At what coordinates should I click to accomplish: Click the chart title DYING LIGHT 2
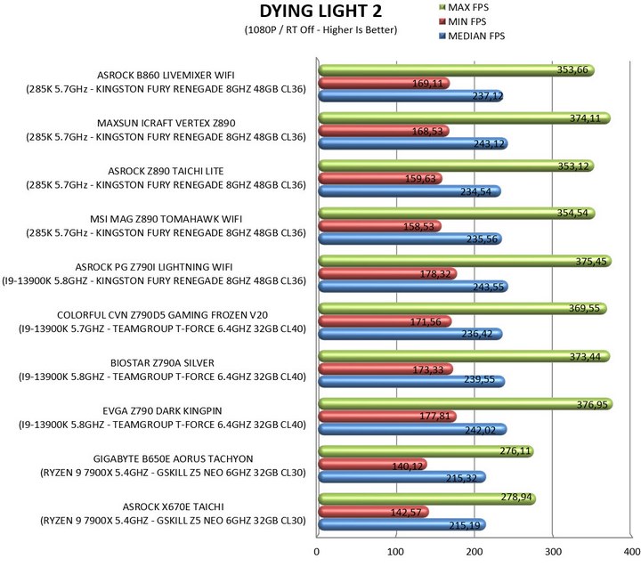(x=320, y=11)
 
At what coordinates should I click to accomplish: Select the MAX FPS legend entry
(x=464, y=7)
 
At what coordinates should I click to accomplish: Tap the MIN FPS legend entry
(x=462, y=21)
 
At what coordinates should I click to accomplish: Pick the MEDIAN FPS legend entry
(x=472, y=36)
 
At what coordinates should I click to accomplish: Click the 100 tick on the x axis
(x=395, y=552)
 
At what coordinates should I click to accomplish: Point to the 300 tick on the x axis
(x=553, y=552)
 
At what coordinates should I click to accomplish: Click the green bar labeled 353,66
(x=456, y=70)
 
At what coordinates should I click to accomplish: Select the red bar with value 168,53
(x=384, y=131)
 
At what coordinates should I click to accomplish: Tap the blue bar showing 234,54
(x=410, y=191)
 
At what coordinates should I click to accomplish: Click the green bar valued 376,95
(x=466, y=404)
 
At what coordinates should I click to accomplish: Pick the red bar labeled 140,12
(x=372, y=465)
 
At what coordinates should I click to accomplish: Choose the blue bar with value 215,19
(x=402, y=525)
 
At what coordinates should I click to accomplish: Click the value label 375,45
(x=591, y=262)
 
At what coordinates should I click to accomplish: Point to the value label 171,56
(x=426, y=322)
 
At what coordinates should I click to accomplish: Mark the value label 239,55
(x=479, y=380)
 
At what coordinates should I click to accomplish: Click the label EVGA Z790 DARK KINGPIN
(x=162, y=411)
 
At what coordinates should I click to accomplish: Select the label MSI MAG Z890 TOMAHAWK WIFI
(x=166, y=219)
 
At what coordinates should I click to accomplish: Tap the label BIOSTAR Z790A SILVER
(x=162, y=363)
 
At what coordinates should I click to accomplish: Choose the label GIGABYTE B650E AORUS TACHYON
(x=173, y=458)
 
